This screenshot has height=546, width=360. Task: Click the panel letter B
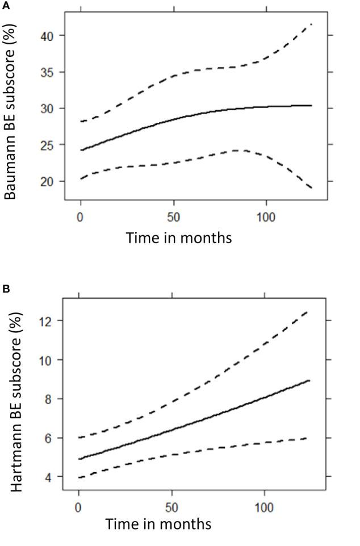[5, 289]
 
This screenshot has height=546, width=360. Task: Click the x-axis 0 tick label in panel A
[81, 217]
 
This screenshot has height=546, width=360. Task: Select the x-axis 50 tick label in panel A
[173, 217]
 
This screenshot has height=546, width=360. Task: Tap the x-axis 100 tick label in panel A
[266, 217]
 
